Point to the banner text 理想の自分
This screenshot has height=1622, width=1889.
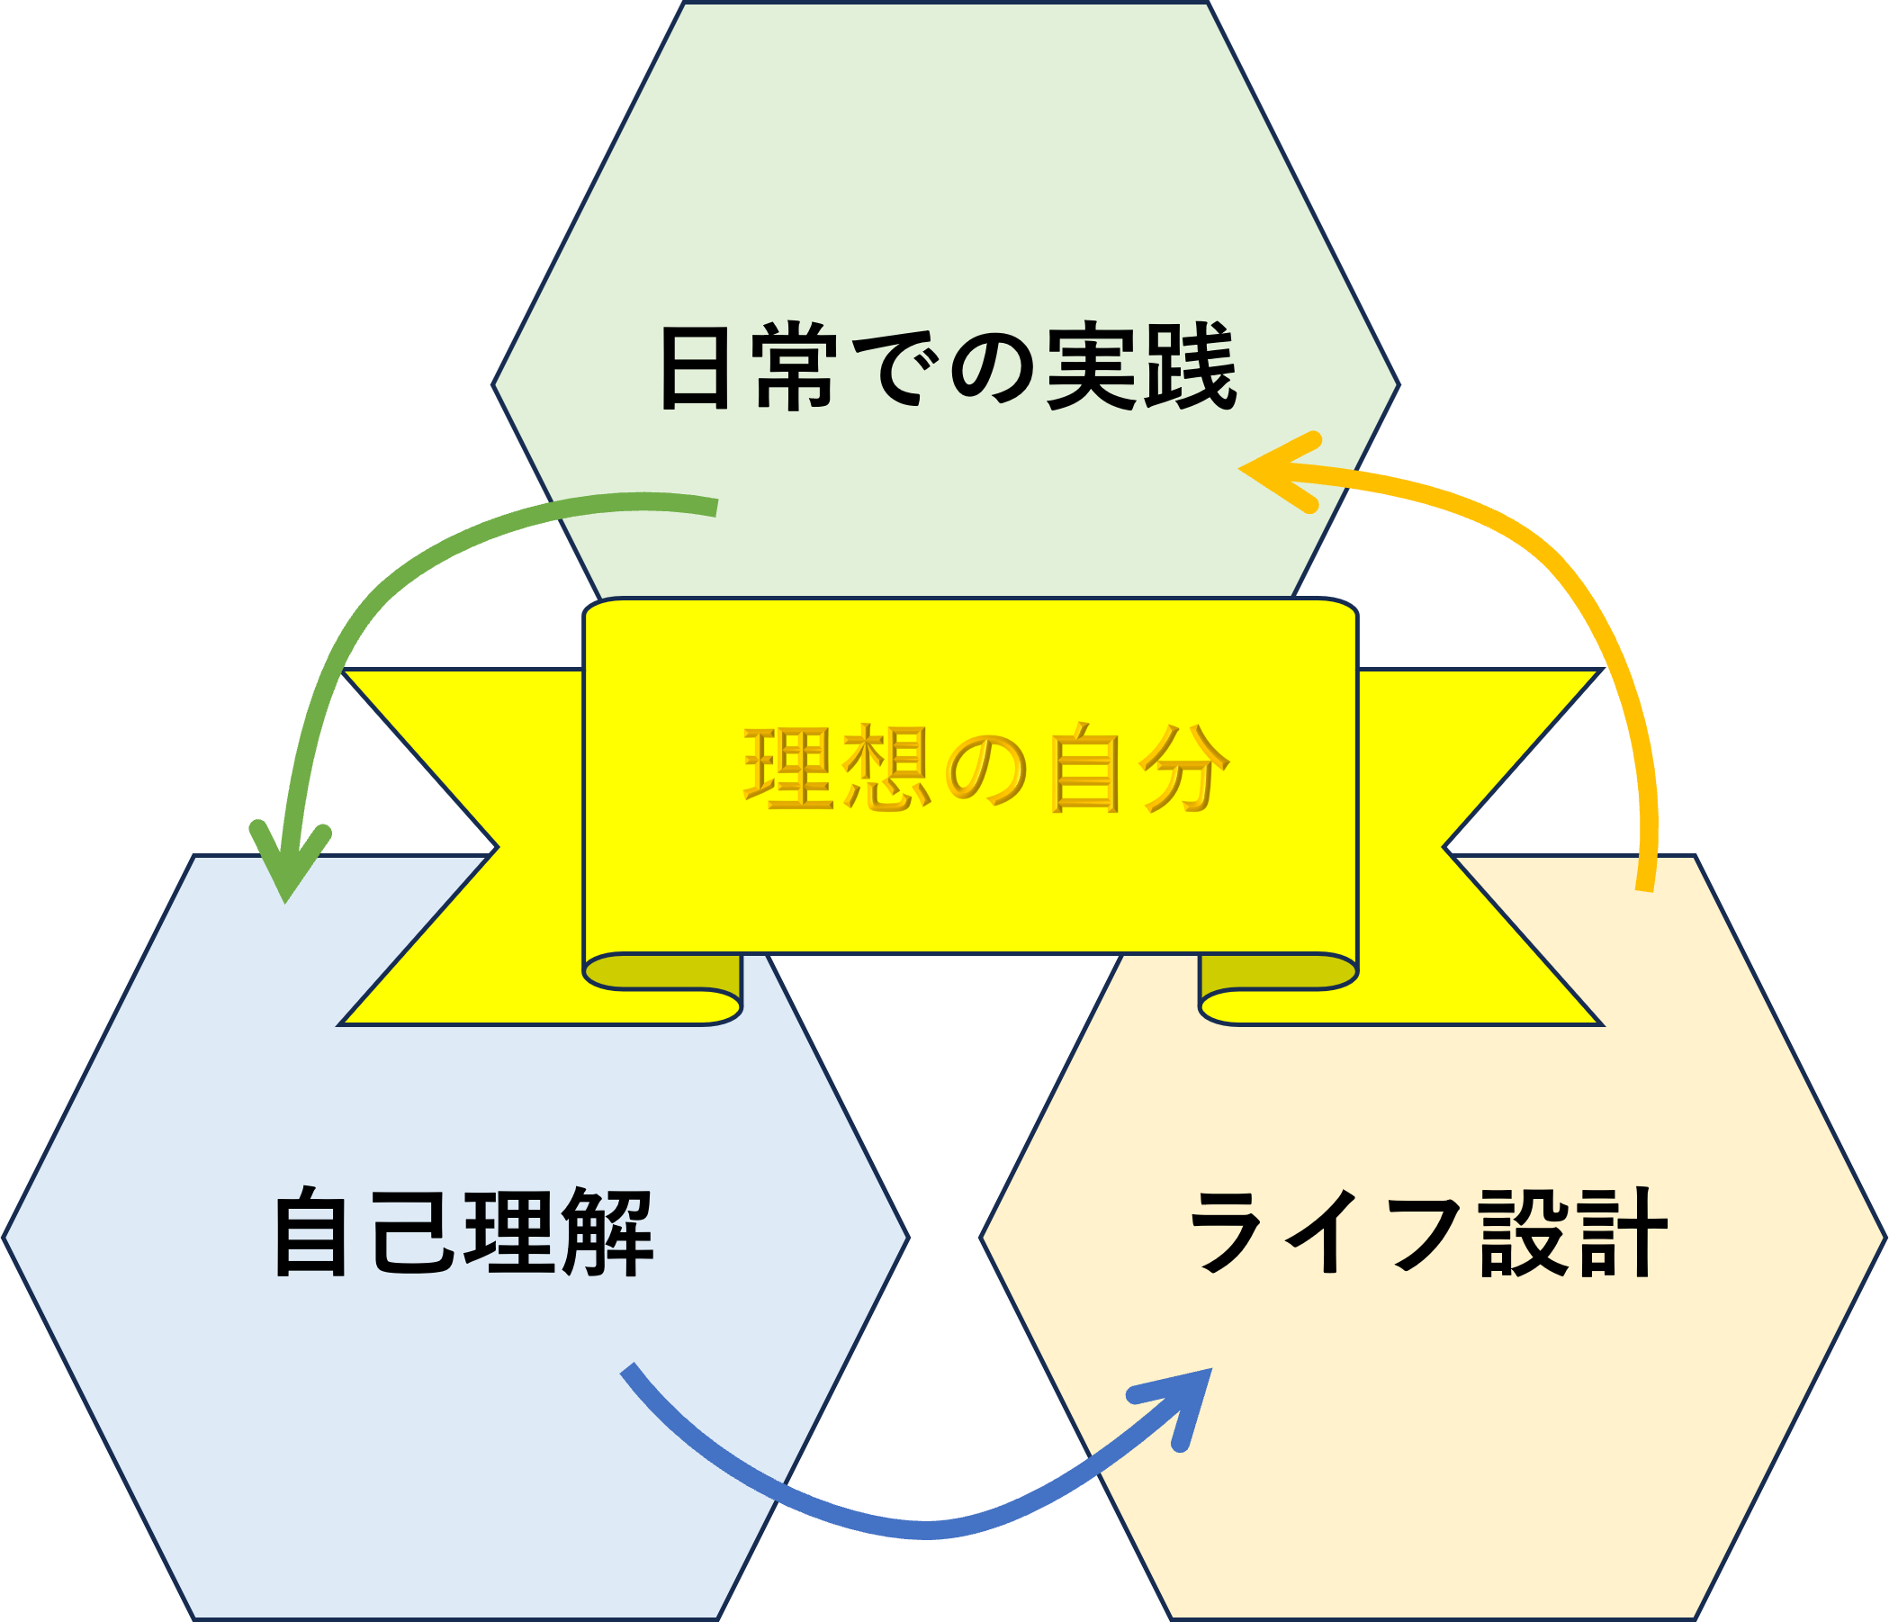[x=986, y=769]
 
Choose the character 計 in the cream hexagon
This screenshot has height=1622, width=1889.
[x=1622, y=1232]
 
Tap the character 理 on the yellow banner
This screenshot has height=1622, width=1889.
[x=789, y=769]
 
